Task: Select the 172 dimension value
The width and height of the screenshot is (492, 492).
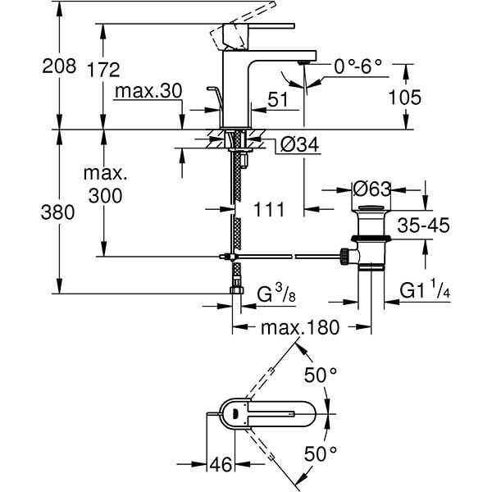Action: coord(103,70)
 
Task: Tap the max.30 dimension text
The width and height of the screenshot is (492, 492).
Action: coord(148,92)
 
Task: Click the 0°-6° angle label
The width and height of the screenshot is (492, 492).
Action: coord(359,66)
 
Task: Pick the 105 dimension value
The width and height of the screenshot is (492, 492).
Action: coord(404,98)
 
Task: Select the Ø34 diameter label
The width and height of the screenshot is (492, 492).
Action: coord(298,145)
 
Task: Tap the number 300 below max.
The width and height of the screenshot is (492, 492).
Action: coord(104,196)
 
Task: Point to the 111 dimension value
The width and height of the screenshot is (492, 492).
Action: coord(267,210)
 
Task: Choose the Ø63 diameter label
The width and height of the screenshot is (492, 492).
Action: coord(371,188)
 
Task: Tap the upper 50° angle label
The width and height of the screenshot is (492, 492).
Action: coord(321,375)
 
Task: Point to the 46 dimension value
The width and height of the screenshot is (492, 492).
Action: coord(217,465)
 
